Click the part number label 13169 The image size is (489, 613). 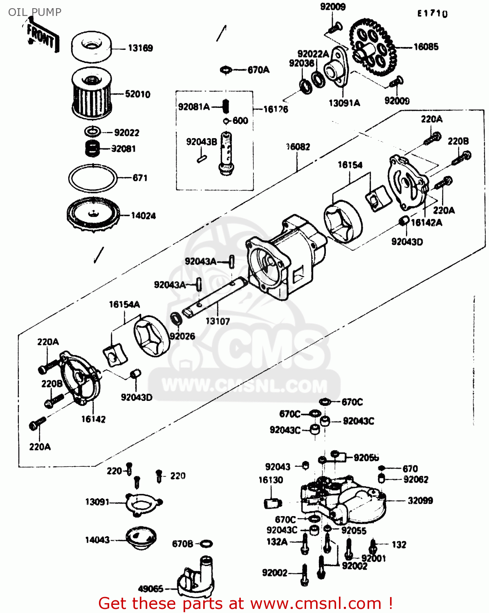point(140,48)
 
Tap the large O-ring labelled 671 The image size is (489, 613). point(92,178)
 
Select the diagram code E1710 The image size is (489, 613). point(432,13)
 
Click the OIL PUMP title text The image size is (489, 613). point(35,12)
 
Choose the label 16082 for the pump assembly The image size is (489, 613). point(298,147)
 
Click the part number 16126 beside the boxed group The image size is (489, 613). point(276,109)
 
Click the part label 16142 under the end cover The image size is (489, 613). point(93,419)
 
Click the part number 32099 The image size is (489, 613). point(420,501)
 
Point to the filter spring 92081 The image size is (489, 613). point(93,148)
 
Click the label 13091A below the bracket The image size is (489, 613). point(344,103)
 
